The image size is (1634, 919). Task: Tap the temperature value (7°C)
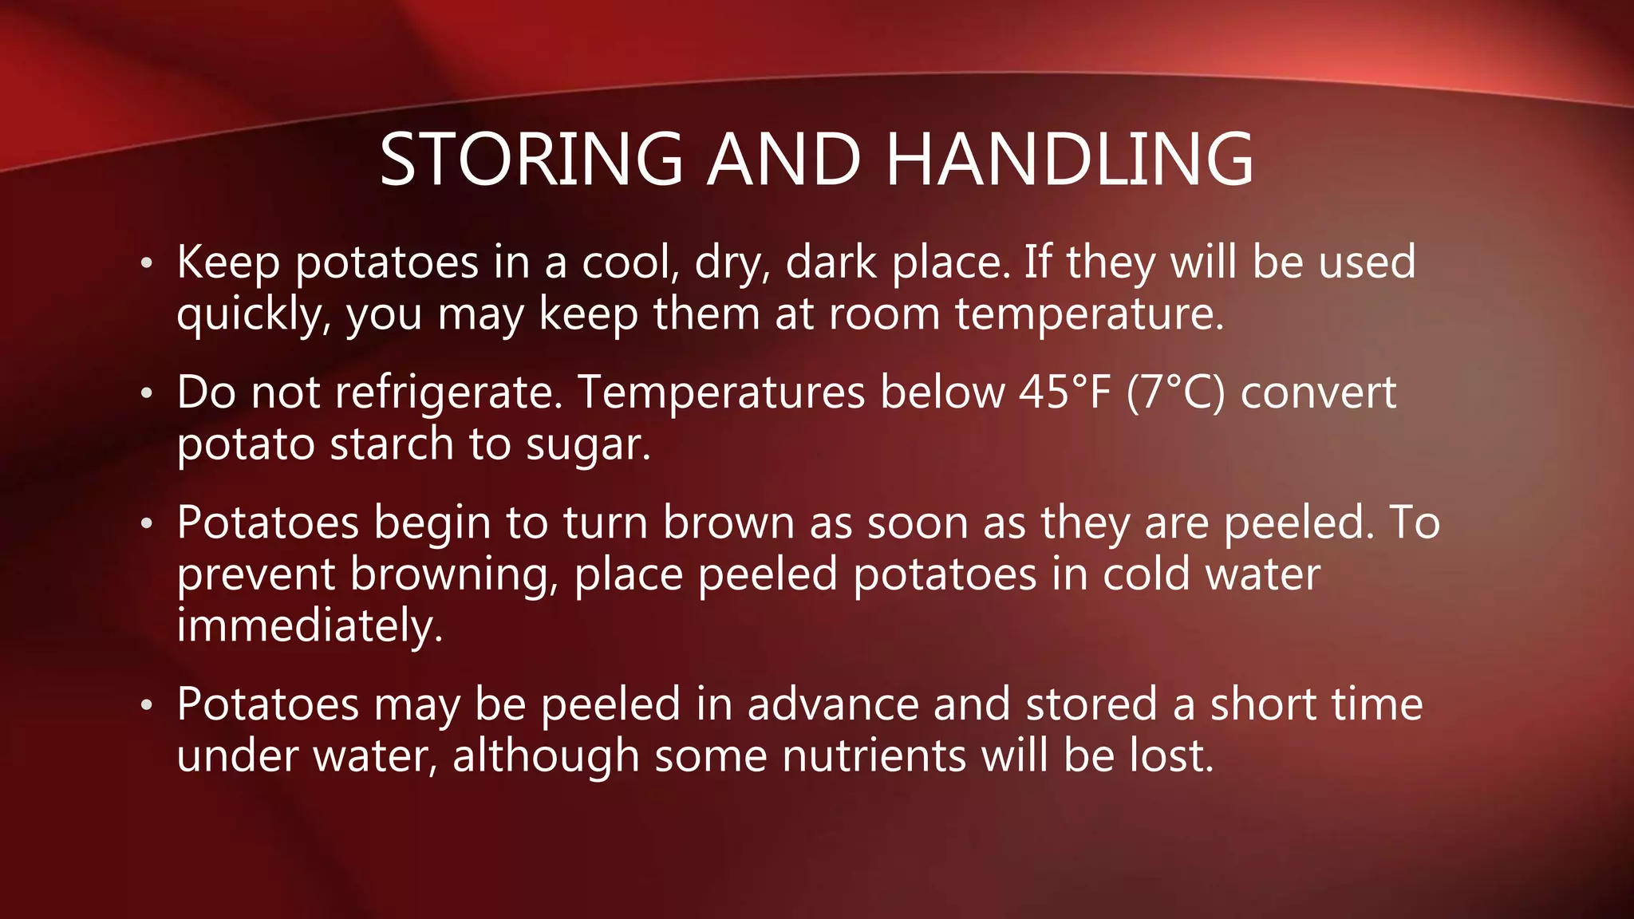coord(1175,392)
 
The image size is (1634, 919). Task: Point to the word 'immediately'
coord(309,625)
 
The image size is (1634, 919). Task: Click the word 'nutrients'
coord(874,755)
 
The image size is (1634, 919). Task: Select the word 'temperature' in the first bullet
coord(1089,315)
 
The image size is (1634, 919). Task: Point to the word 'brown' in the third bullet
coord(728,524)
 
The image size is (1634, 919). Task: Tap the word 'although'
coord(546,755)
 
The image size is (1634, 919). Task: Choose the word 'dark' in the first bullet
coord(831,263)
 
